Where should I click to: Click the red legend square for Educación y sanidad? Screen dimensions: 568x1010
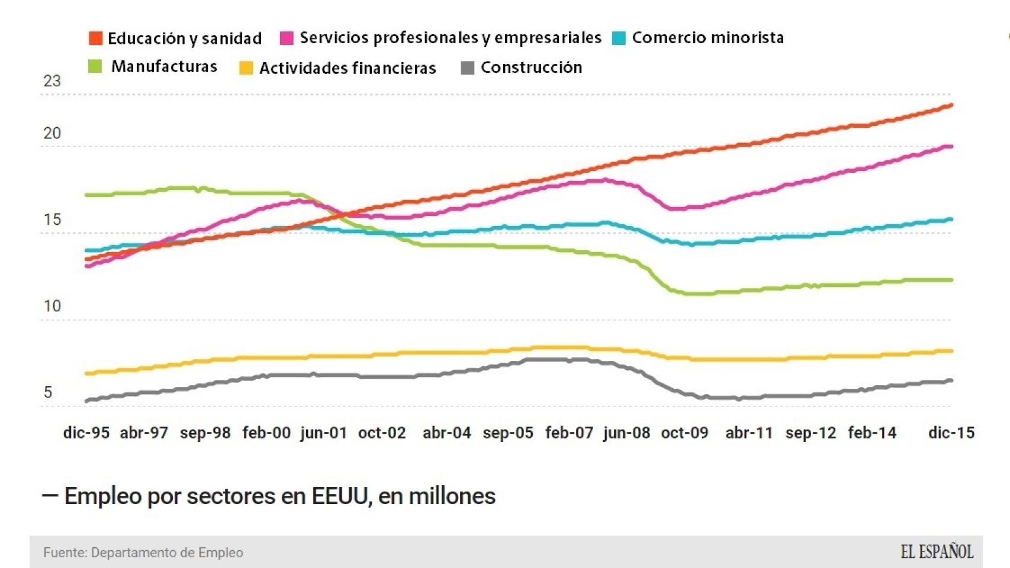pyautogui.click(x=95, y=38)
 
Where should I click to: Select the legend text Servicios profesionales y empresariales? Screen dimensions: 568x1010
pyautogui.click(x=450, y=38)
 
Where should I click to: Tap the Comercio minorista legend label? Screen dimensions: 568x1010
pyautogui.click(x=707, y=38)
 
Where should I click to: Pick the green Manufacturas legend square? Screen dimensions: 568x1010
pyautogui.click(x=95, y=66)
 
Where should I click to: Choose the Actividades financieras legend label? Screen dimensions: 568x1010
pyautogui.click(x=348, y=68)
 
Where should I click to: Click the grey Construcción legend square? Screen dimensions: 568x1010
pyautogui.click(x=468, y=68)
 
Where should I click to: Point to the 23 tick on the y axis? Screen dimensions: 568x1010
pyautogui.click(x=52, y=81)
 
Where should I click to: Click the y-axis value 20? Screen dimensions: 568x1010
pyautogui.click(x=52, y=133)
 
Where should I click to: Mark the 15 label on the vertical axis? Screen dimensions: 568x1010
pyautogui.click(x=52, y=220)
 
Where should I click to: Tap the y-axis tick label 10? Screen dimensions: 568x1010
pyautogui.click(x=52, y=306)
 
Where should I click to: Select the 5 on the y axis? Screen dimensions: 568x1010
pyautogui.click(x=48, y=392)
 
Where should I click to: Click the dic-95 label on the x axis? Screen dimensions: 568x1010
pyautogui.click(x=86, y=433)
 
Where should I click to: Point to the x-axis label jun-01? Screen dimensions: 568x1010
pyautogui.click(x=323, y=433)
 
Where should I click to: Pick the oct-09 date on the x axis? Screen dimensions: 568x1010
pyautogui.click(x=684, y=433)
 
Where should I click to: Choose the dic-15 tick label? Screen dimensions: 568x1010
pyautogui.click(x=951, y=433)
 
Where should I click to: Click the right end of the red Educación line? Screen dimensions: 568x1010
pyautogui.click(x=951, y=105)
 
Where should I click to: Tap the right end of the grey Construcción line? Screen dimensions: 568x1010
pyautogui.click(x=951, y=380)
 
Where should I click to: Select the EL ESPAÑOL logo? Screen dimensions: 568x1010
pyautogui.click(x=937, y=552)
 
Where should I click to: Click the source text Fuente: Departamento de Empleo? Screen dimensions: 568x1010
pyautogui.click(x=143, y=553)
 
